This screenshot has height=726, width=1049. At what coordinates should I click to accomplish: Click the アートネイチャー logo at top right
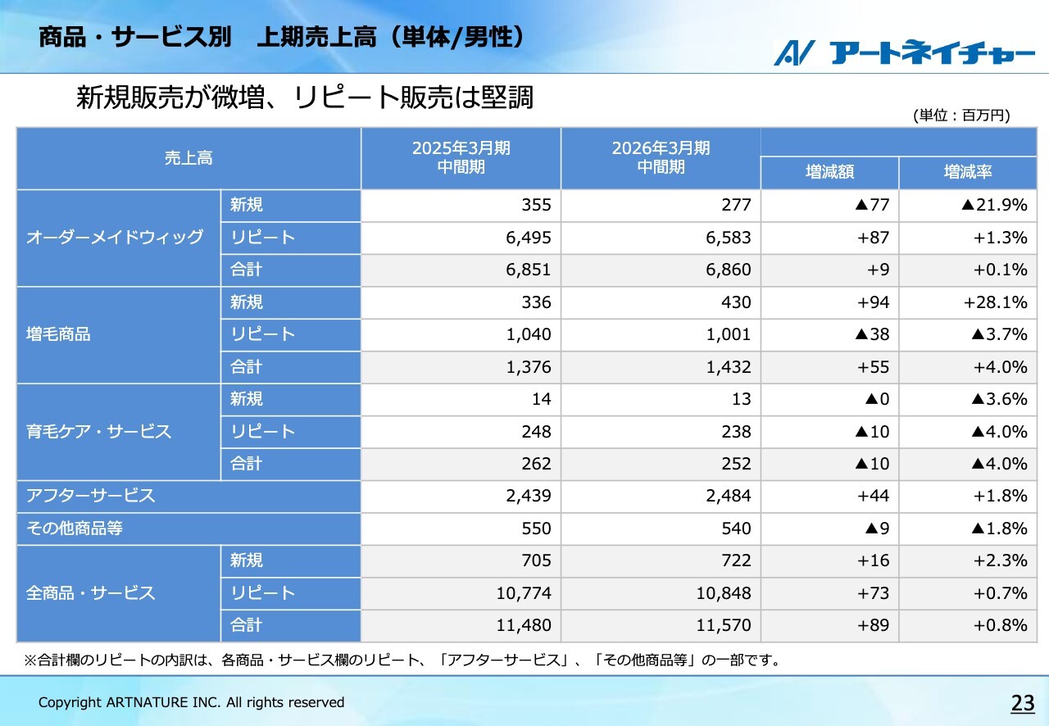click(905, 52)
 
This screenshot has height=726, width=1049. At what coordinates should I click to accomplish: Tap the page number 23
click(1023, 703)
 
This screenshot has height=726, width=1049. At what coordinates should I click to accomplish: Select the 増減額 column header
click(829, 173)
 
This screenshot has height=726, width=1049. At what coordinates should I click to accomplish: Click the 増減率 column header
click(968, 173)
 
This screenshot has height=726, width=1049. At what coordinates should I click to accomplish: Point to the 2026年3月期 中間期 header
click(661, 157)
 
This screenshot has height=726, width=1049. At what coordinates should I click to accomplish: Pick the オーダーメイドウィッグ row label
click(115, 238)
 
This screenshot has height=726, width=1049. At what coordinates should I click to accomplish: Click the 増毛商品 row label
click(58, 334)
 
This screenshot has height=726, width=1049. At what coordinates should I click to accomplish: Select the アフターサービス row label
click(91, 496)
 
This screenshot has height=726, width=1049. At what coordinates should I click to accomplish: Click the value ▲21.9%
click(994, 205)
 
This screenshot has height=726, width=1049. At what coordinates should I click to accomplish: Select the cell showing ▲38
click(872, 334)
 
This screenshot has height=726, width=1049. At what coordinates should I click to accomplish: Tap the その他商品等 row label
click(75, 529)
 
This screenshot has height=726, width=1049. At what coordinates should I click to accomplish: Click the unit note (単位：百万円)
click(961, 116)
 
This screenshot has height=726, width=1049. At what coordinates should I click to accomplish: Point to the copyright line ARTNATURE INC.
click(192, 702)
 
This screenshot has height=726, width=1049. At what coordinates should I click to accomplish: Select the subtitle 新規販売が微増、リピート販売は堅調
click(305, 98)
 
